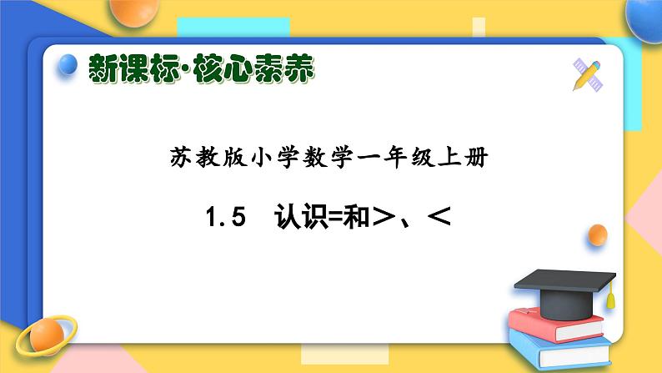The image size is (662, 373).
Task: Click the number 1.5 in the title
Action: [227, 219]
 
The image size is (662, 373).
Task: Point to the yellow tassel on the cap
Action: [610, 295]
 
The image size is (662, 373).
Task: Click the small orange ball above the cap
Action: [597, 236]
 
